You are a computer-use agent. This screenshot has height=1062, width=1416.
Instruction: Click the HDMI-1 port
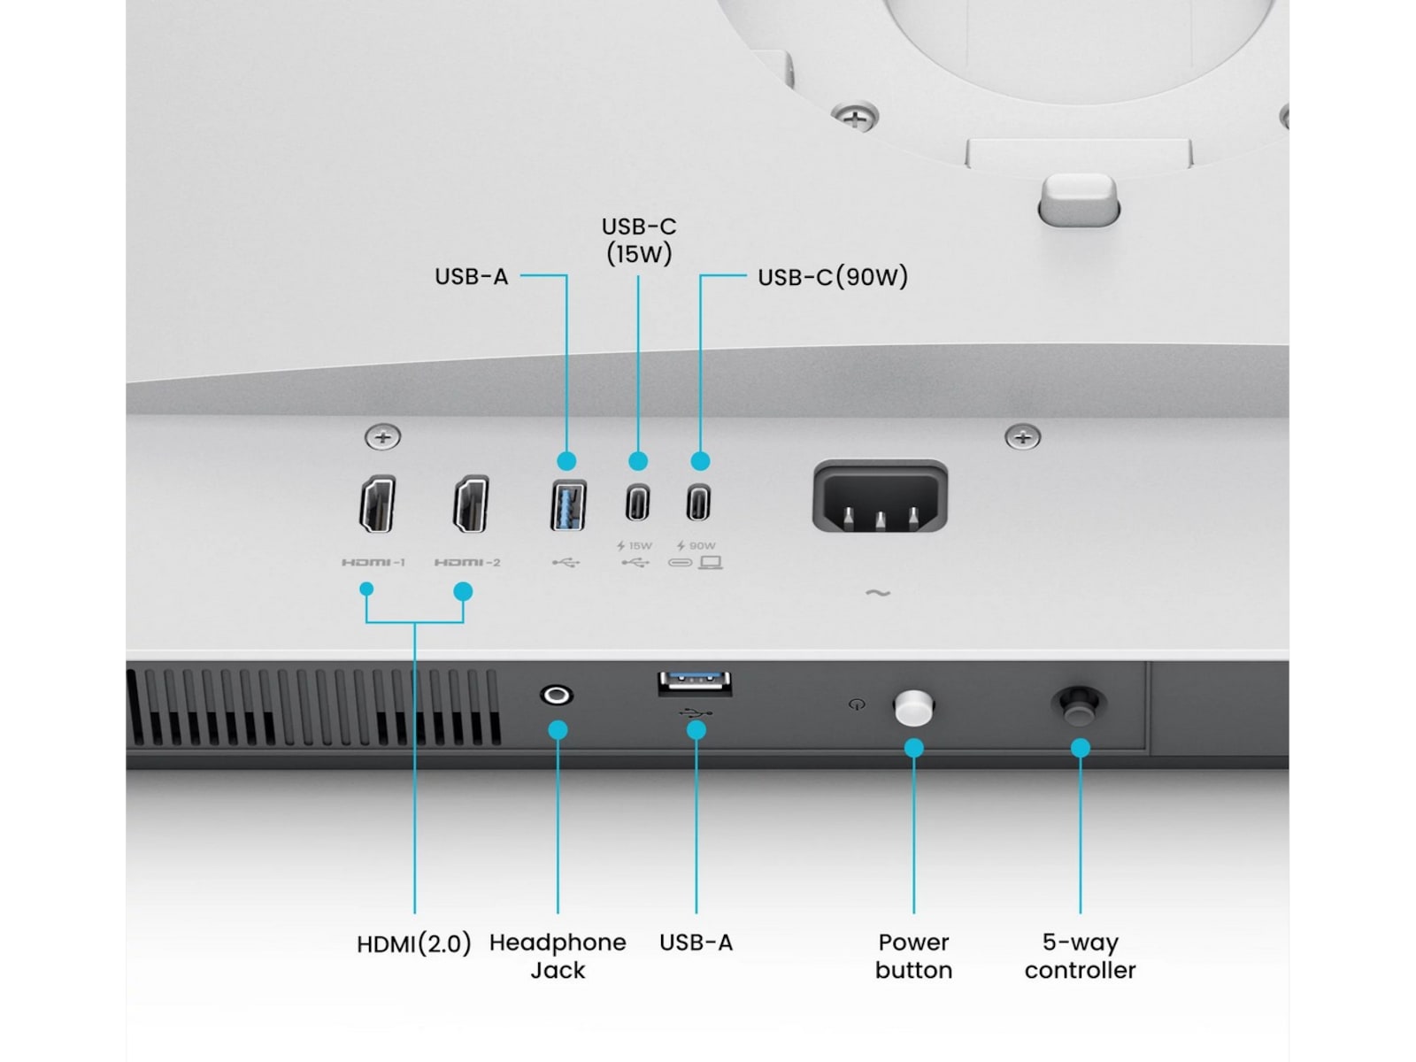377,504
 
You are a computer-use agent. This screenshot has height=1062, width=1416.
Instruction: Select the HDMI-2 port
471,504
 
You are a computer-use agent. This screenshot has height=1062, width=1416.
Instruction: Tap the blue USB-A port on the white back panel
567,505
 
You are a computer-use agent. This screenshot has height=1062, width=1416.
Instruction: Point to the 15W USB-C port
637,503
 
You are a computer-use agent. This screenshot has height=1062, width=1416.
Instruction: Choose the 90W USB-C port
698,503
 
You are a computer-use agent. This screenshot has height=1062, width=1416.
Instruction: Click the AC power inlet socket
880,496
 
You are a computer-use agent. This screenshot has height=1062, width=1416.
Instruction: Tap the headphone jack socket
556,696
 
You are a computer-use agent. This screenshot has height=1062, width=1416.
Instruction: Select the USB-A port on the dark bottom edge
695,683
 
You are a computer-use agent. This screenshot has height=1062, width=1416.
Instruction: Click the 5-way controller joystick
1079,706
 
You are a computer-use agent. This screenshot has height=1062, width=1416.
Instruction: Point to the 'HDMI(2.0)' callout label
414,944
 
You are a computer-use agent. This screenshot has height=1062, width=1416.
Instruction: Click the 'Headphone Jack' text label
558,957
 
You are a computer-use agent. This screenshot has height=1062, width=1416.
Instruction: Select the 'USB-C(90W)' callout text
833,277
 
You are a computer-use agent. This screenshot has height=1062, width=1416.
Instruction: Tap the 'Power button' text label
913,957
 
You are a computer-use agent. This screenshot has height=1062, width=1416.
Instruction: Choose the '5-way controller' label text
1080,957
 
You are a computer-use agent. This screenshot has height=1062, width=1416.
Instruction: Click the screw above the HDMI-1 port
382,437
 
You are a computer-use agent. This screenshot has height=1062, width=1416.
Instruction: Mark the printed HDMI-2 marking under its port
467,562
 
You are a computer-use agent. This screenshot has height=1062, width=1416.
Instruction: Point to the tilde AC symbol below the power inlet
878,592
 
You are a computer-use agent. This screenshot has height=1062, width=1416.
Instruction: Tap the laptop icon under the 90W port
711,563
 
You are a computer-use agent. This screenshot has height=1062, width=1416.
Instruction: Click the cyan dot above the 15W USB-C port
638,461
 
